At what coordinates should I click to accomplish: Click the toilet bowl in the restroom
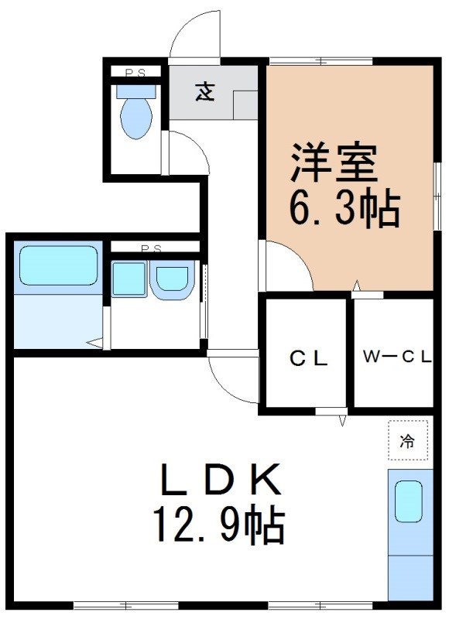[136, 117]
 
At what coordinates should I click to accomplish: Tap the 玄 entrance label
[204, 92]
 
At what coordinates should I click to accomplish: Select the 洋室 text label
[334, 162]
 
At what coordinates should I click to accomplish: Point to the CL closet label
[310, 358]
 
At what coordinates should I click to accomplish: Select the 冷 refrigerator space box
[406, 442]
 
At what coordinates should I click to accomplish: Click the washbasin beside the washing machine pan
[172, 279]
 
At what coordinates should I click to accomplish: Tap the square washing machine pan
[129, 279]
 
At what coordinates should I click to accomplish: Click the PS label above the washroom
[151, 248]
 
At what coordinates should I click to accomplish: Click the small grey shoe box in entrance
[245, 104]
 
